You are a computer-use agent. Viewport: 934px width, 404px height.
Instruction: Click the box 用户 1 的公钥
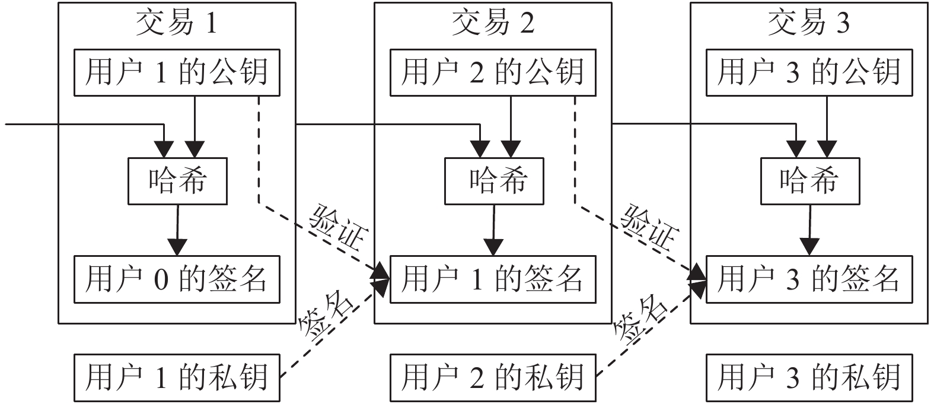pos(177,72)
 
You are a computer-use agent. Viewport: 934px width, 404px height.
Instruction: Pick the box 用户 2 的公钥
pos(493,72)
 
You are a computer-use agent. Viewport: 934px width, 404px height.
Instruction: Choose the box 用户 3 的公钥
pos(809,72)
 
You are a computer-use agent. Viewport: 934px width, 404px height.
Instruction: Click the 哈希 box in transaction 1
pos(177,181)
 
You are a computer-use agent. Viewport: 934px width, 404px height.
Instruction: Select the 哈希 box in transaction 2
pos(493,181)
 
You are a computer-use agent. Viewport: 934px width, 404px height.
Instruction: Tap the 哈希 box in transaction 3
pos(809,181)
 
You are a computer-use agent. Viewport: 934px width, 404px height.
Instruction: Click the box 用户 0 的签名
pos(177,279)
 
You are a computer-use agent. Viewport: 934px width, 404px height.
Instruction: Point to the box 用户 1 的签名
pos(493,279)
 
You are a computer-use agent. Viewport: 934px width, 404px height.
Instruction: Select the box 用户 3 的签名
pos(809,279)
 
